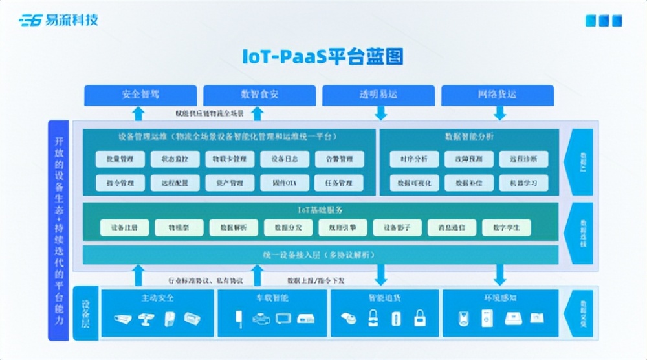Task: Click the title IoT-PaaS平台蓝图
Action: [x=323, y=57]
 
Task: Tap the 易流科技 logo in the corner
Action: [x=59, y=20]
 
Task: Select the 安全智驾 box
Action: [x=140, y=95]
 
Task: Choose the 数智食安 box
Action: [x=259, y=95]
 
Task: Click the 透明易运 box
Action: [x=378, y=95]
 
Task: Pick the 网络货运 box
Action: [x=498, y=95]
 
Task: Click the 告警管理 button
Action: [x=340, y=159]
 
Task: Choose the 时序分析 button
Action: [x=414, y=159]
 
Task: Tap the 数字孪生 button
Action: [x=506, y=227]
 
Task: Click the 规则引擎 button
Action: [x=342, y=227]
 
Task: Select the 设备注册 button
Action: [x=124, y=227]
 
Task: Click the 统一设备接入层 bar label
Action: [x=320, y=254]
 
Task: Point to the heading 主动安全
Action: [x=158, y=298]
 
